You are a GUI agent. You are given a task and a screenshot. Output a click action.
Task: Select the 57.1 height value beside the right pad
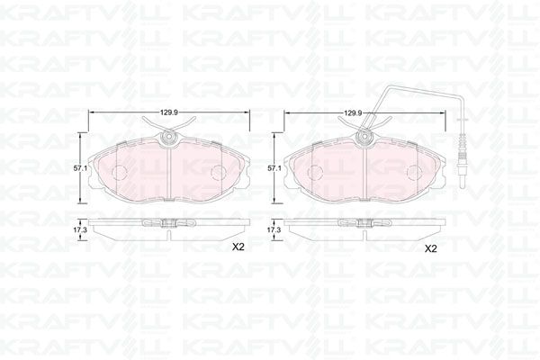[x=274, y=167]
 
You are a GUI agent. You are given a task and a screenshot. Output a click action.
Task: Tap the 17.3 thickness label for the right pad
[x=274, y=230]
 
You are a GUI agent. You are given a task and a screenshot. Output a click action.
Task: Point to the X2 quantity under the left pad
[x=238, y=247]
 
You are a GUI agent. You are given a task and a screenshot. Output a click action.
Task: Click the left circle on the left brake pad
[x=117, y=172]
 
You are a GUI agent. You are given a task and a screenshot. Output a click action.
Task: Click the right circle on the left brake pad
[x=219, y=172]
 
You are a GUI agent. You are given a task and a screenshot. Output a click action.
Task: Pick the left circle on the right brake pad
[x=314, y=172]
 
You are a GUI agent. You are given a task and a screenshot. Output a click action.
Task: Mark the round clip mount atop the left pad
[x=168, y=138]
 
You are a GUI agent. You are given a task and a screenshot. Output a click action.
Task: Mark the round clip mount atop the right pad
[x=364, y=138]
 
